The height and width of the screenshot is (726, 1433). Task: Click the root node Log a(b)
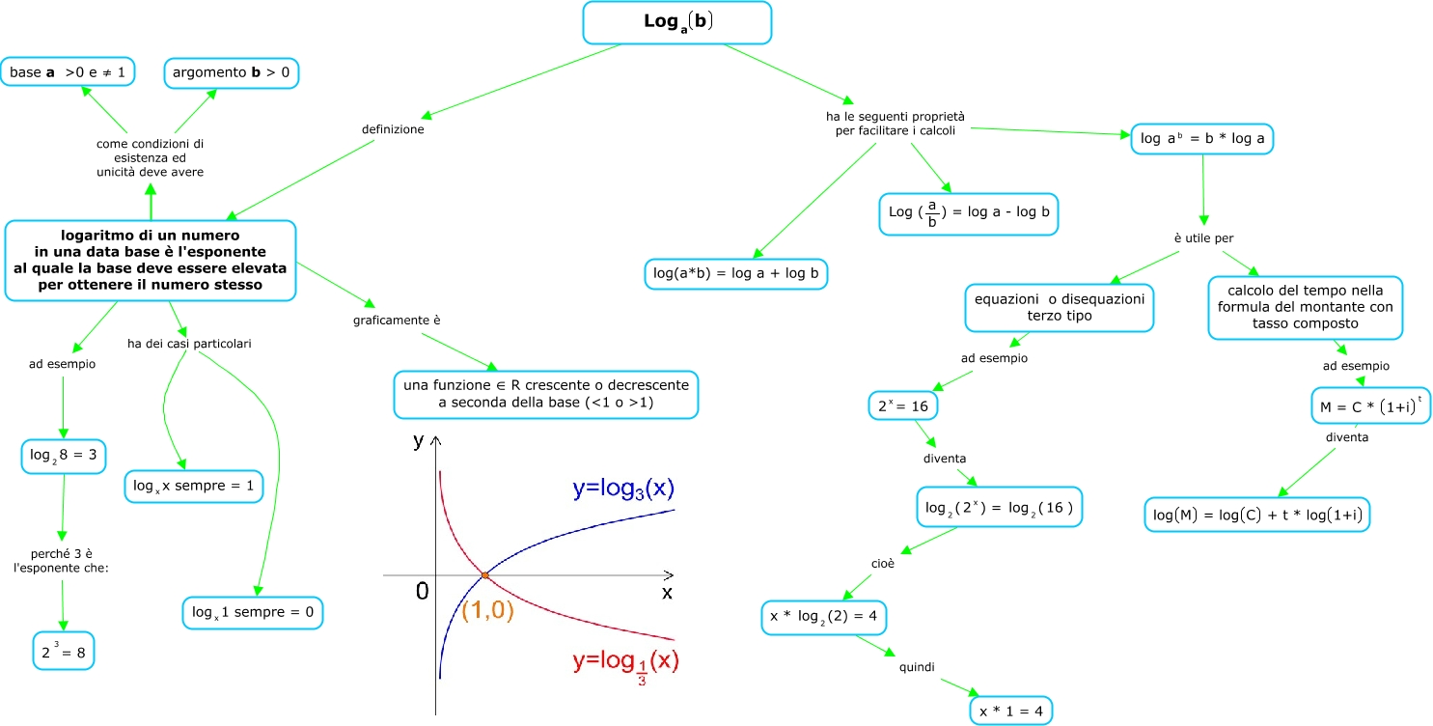pyautogui.click(x=676, y=22)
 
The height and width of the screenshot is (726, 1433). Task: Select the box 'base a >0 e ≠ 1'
pyautogui.click(x=68, y=71)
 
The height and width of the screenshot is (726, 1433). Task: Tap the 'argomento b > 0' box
pyautogui.click(x=232, y=71)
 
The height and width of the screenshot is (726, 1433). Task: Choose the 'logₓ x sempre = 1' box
pyautogui.click(x=194, y=486)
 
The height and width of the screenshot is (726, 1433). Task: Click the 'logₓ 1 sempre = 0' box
pyautogui.click(x=252, y=612)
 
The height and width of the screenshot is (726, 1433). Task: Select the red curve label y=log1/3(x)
pyautogui.click(x=626, y=663)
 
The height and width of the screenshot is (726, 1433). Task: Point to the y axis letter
pyautogui.click(x=419, y=441)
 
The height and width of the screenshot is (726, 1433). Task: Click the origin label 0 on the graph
pyautogui.click(x=422, y=592)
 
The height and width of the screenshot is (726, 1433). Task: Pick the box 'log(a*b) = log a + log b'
pyautogui.click(x=736, y=273)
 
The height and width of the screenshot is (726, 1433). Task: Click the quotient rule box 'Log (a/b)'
pyautogui.click(x=968, y=213)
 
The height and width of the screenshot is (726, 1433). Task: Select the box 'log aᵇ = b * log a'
pyautogui.click(x=1202, y=139)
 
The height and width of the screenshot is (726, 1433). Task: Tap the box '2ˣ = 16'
pyautogui.click(x=902, y=406)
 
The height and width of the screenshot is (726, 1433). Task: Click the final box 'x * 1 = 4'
pyautogui.click(x=1011, y=712)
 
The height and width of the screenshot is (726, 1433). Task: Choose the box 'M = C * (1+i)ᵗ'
pyautogui.click(x=1370, y=406)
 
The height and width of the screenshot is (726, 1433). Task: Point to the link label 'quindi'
pyautogui.click(x=917, y=666)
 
